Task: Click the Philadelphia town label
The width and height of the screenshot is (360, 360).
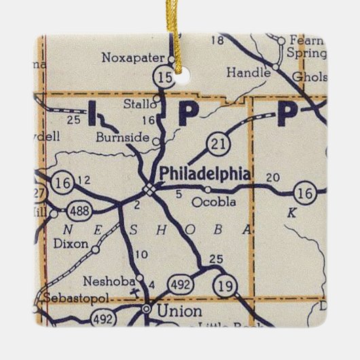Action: pyautogui.click(x=204, y=173)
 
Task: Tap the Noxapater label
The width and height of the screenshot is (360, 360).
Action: pyautogui.click(x=126, y=58)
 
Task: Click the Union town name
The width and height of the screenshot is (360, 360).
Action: pyautogui.click(x=179, y=312)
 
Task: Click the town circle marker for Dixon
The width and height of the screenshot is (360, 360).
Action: pyautogui.click(x=95, y=249)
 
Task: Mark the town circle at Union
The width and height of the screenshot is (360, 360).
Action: pyautogui.click(x=145, y=309)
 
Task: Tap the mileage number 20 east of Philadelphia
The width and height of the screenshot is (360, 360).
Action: pyautogui.click(x=274, y=178)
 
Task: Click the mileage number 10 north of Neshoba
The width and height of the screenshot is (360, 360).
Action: pyautogui.click(x=141, y=255)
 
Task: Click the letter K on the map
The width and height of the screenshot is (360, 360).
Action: pyautogui.click(x=292, y=213)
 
